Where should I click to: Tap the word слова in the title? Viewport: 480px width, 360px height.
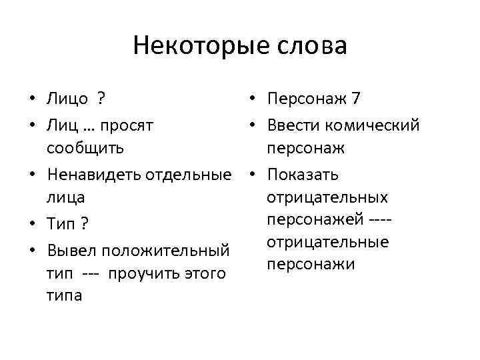(313, 46)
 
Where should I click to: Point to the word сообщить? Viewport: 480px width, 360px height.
(85, 147)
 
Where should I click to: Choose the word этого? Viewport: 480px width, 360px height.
(204, 273)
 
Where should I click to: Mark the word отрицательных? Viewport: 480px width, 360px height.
(327, 197)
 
